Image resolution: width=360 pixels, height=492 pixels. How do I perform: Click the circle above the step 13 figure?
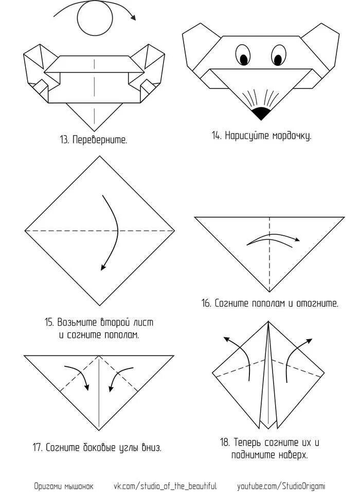point(95,20)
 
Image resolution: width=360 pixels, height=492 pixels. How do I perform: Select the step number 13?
point(64,139)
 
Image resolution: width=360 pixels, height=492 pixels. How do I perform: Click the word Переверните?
point(99,139)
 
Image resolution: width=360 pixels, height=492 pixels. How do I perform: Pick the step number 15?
point(49,323)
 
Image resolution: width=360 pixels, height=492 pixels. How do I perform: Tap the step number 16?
point(206,303)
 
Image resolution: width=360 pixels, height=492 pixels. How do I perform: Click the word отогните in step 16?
point(317,303)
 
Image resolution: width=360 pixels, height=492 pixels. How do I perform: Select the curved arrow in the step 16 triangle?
point(273,239)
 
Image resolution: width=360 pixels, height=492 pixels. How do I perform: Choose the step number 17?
point(37,447)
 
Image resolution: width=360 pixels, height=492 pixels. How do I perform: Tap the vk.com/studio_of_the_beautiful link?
point(165,486)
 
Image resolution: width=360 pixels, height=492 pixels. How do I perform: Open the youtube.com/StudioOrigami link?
point(281,486)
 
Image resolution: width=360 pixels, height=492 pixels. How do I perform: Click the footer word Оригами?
point(47,486)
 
